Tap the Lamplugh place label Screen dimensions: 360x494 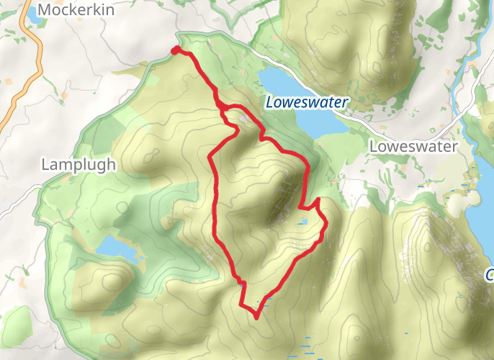[x=78, y=164]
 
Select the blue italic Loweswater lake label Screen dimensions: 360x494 [x=306, y=102]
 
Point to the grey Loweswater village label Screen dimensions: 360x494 [x=413, y=147]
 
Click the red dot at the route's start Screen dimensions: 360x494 [x=174, y=50]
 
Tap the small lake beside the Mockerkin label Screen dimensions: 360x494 [x=33, y=12]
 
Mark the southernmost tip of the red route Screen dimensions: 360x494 [x=256, y=316]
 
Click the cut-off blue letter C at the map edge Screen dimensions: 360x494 [x=490, y=275]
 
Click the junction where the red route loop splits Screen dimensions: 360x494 [x=222, y=107]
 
